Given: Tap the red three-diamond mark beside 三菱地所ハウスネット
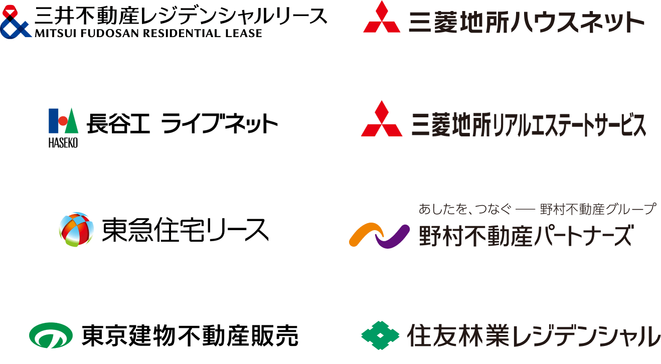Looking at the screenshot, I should point(382,19).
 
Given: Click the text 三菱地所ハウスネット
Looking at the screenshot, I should point(527,23).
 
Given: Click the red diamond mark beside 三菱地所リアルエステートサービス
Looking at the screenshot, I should point(382,119).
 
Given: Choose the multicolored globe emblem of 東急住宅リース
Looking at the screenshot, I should point(76,230).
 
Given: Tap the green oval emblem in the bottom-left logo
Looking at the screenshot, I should point(50,335).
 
